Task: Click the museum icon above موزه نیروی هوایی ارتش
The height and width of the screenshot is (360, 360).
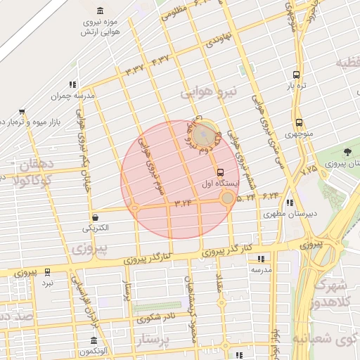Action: [99, 11]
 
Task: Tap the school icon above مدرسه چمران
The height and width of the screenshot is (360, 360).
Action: [73, 84]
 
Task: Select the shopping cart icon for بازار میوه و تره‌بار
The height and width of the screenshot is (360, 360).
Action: [22, 111]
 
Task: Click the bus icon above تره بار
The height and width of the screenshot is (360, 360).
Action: [297, 74]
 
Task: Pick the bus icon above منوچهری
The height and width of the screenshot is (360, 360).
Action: [300, 122]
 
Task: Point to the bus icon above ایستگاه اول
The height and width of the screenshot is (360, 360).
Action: [221, 172]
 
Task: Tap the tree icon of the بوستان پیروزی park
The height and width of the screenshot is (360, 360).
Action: [349, 151]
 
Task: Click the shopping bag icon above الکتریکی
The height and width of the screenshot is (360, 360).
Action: [95, 217]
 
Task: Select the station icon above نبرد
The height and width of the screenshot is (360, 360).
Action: [48, 271]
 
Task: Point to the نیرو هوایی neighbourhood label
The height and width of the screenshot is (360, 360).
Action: [210, 93]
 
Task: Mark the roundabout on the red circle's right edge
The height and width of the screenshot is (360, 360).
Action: [227, 199]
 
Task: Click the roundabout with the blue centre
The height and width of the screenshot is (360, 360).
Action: [205, 131]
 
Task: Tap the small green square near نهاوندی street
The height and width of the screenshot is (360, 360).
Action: [246, 71]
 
